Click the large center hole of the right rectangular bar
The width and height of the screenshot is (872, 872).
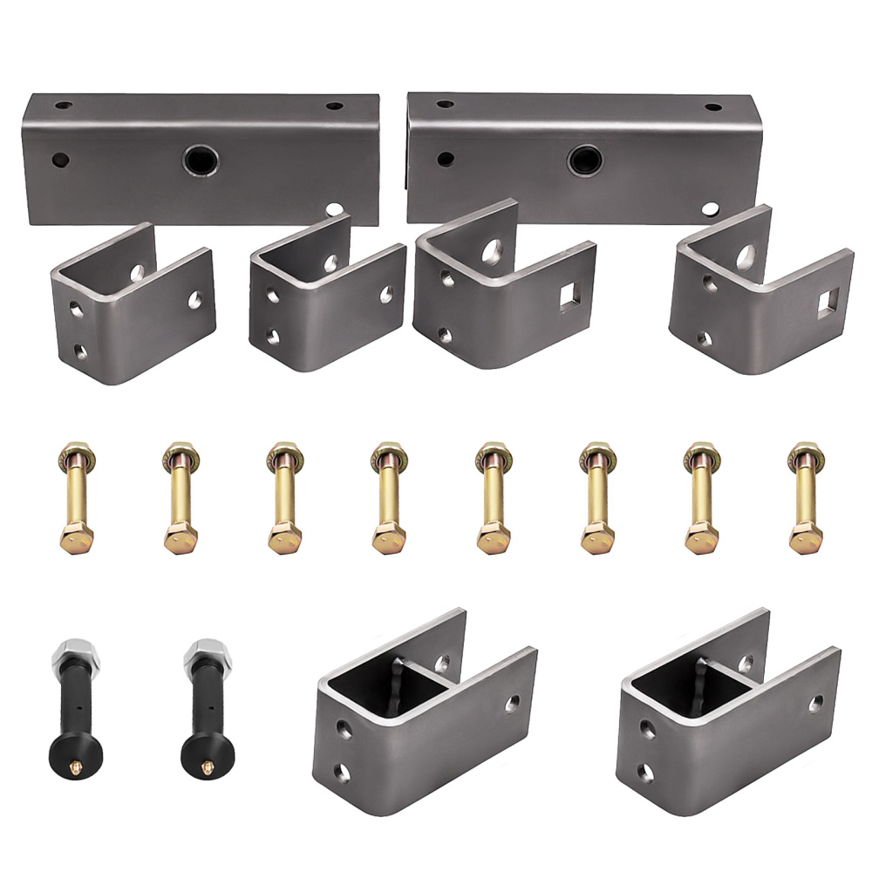tap(582, 160)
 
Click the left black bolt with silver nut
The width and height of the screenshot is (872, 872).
tap(71, 706)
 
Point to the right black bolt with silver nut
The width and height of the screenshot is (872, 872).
tap(202, 706)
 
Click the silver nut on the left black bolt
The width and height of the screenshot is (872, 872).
tap(71, 656)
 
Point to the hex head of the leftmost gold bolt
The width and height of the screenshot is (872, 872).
tap(76, 538)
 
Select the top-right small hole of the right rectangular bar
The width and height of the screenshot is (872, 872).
tap(713, 107)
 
